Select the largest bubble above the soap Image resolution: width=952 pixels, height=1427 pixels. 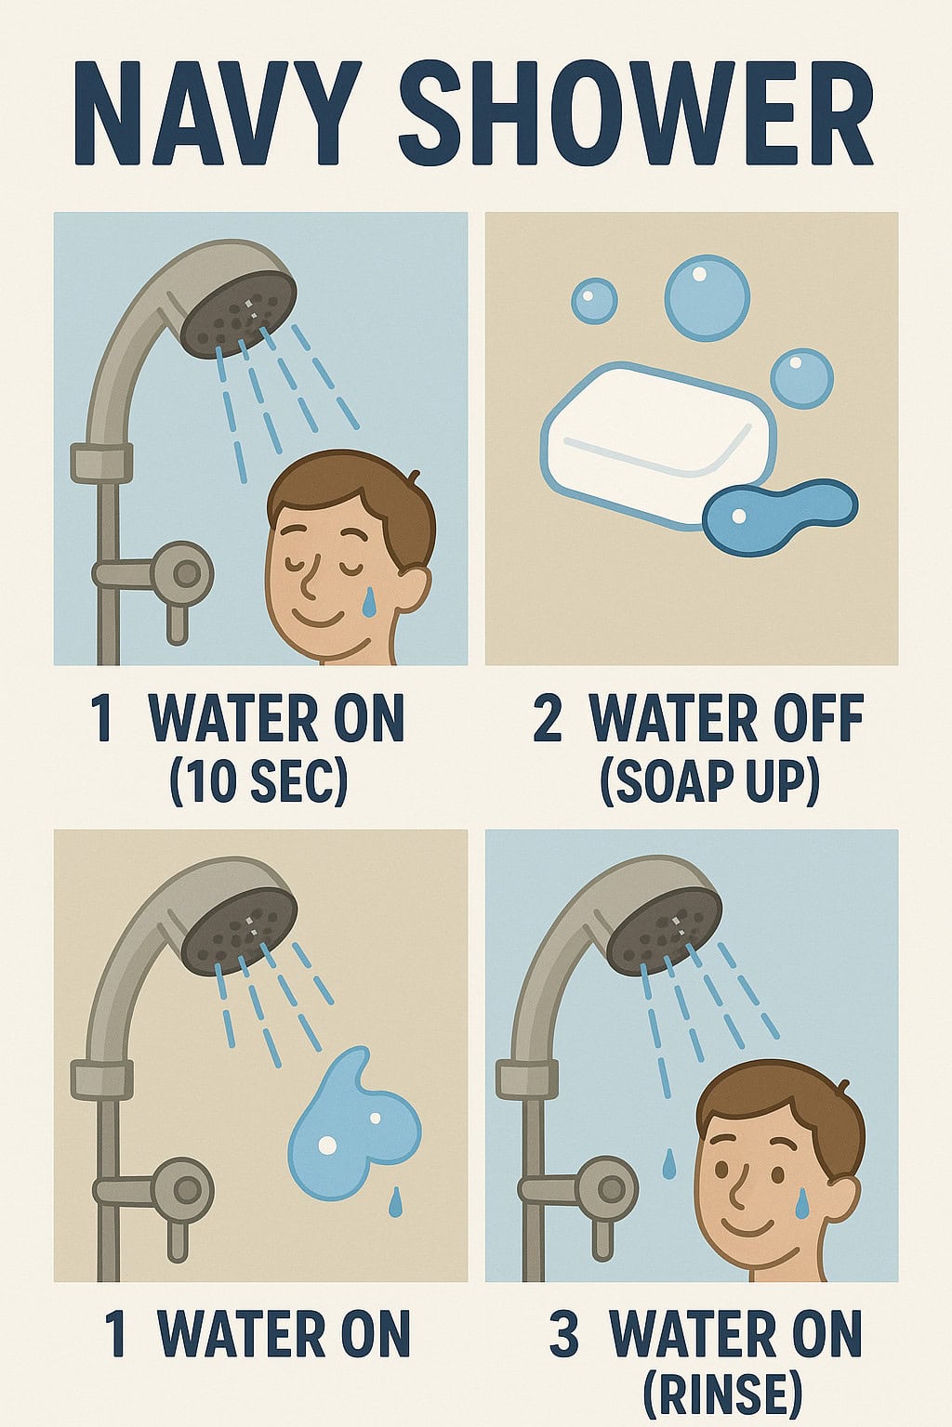click(x=707, y=297)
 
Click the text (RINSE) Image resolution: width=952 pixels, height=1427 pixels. click(x=721, y=1400)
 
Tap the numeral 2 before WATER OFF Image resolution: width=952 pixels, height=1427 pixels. click(x=548, y=718)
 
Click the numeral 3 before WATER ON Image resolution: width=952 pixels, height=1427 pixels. click(x=564, y=1333)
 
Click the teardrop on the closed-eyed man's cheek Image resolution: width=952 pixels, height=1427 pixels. click(x=369, y=602)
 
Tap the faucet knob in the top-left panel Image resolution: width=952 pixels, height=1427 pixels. click(x=185, y=574)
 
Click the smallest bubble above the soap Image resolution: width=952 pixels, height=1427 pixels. click(x=594, y=299)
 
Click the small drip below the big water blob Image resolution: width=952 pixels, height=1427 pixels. click(x=396, y=1201)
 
